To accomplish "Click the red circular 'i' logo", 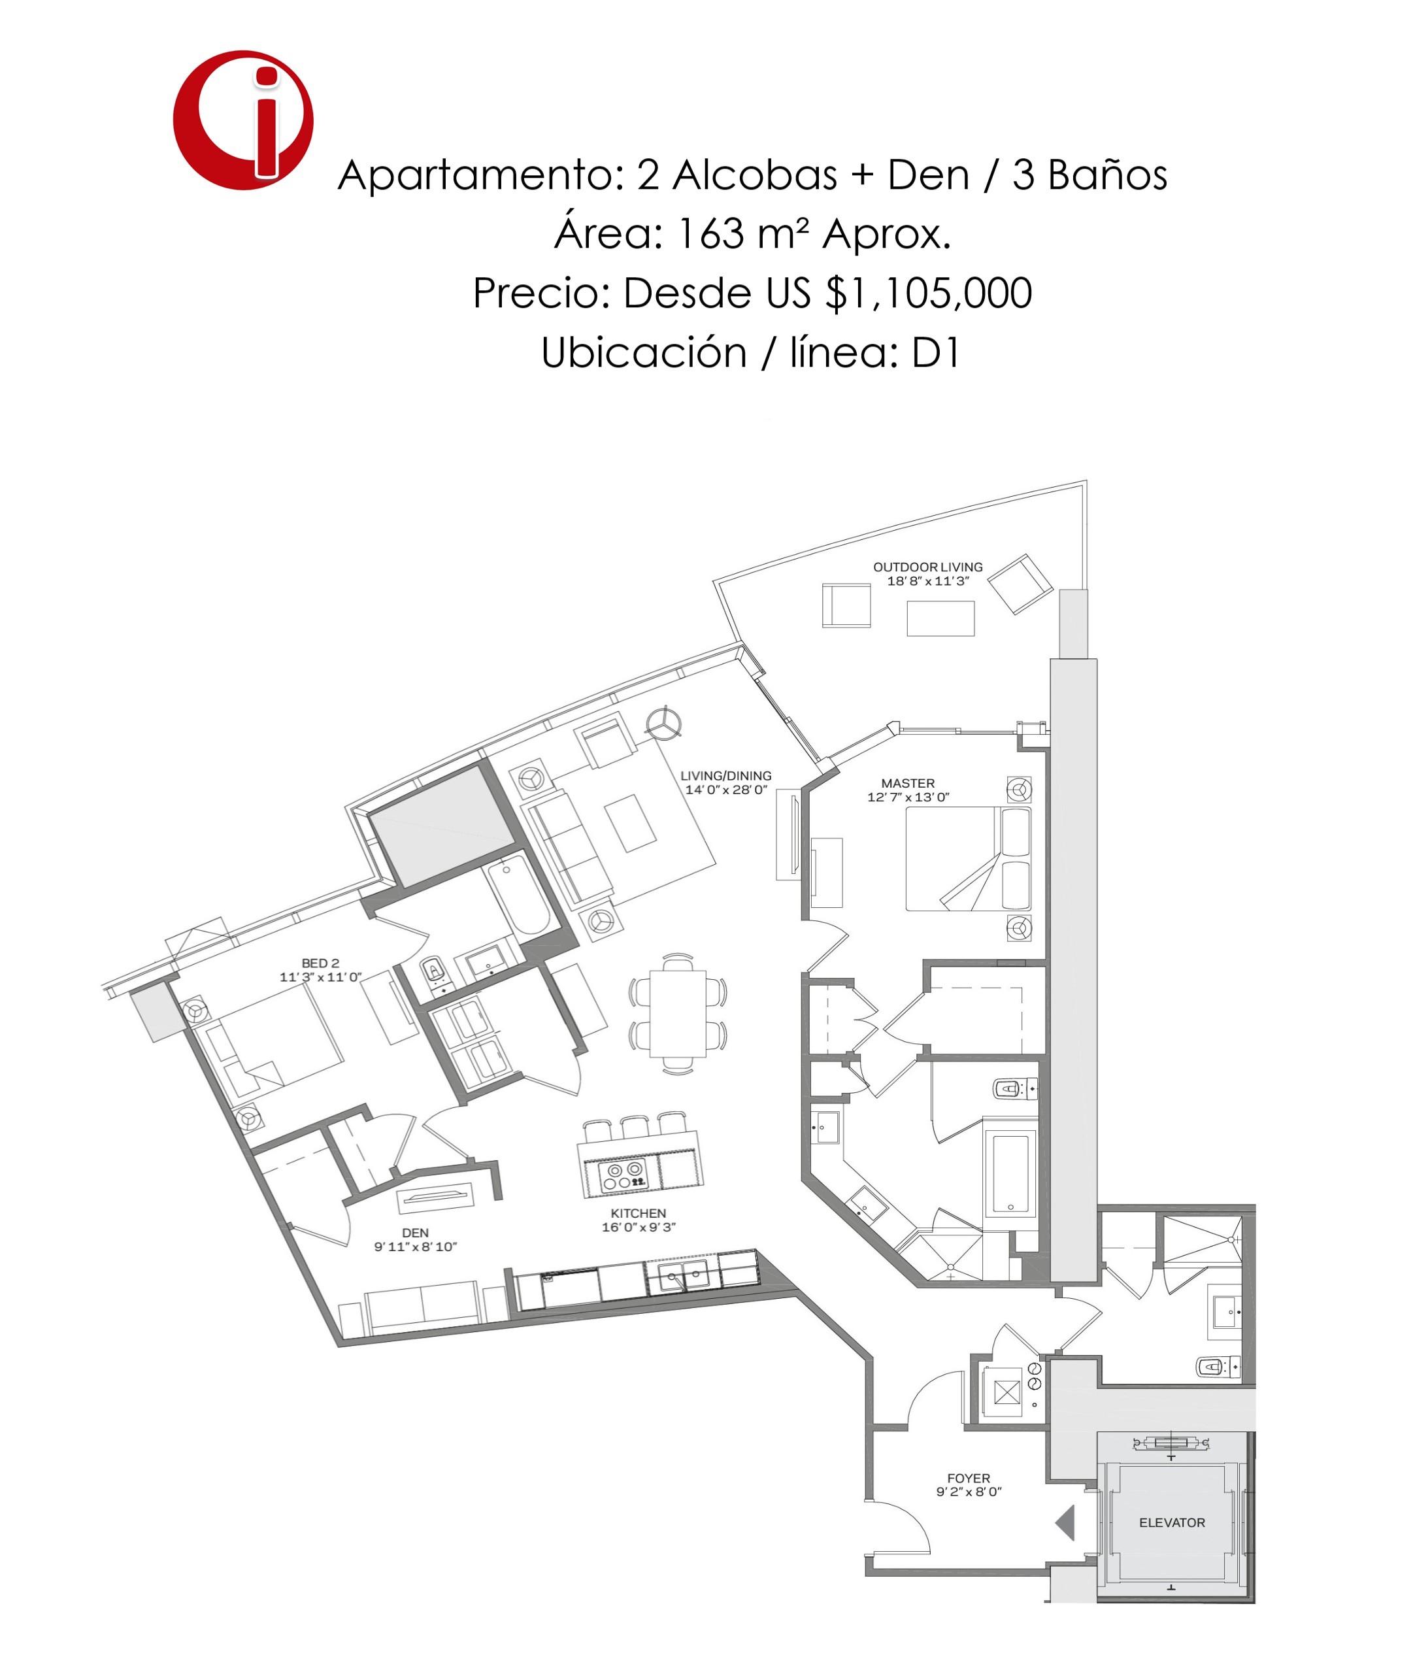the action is pos(242,120).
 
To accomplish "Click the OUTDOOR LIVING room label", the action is pos(927,567).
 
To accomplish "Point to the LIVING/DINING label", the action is pos(725,775).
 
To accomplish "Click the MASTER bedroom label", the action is pos(908,783).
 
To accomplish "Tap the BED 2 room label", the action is pos(320,963).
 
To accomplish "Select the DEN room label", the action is pos(415,1232).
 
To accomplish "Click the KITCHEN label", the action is pos(638,1213).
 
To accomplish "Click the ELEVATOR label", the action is pos(1171,1522).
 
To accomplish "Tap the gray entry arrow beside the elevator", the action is pos(1066,1522).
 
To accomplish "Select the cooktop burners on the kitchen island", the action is pos(623,1175).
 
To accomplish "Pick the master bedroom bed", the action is pos(967,858).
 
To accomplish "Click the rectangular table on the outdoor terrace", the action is pos(940,618).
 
